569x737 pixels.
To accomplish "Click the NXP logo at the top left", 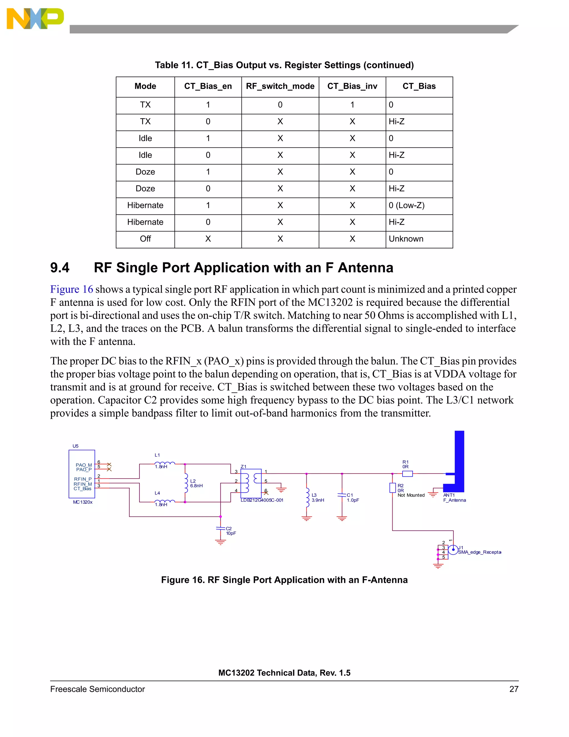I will pyautogui.click(x=35, y=19).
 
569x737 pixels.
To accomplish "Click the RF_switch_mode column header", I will pyautogui.click(x=280, y=86).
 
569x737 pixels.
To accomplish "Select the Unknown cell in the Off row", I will pyautogui.click(x=406, y=239).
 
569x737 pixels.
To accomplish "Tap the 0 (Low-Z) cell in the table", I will pyautogui.click(x=406, y=206).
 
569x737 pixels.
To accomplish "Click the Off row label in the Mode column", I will pyautogui.click(x=145, y=239).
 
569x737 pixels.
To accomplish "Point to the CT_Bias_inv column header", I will pyautogui.click(x=352, y=86).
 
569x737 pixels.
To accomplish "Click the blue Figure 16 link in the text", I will pyautogui.click(x=71, y=290).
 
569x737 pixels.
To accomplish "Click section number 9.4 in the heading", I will pyautogui.click(x=60, y=268).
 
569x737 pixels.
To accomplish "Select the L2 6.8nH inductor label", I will pyautogui.click(x=196, y=483).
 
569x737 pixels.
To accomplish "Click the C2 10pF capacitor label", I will pyautogui.click(x=231, y=531).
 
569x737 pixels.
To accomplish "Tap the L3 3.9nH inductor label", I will pyautogui.click(x=318, y=498).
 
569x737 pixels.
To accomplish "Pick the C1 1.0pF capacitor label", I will pyautogui.click(x=353, y=498).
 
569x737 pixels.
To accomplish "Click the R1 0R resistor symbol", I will pyautogui.click(x=407, y=474).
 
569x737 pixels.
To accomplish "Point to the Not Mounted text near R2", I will pyautogui.click(x=411, y=495).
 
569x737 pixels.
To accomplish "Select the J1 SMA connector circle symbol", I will pyautogui.click(x=453, y=550).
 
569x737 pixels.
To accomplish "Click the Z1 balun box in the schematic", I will pyautogui.click(x=251, y=483).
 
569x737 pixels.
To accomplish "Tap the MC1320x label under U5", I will pyautogui.click(x=83, y=502).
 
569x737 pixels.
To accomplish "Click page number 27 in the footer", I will pyautogui.click(x=514, y=689).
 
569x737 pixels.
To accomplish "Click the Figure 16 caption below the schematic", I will pyautogui.click(x=284, y=580).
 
